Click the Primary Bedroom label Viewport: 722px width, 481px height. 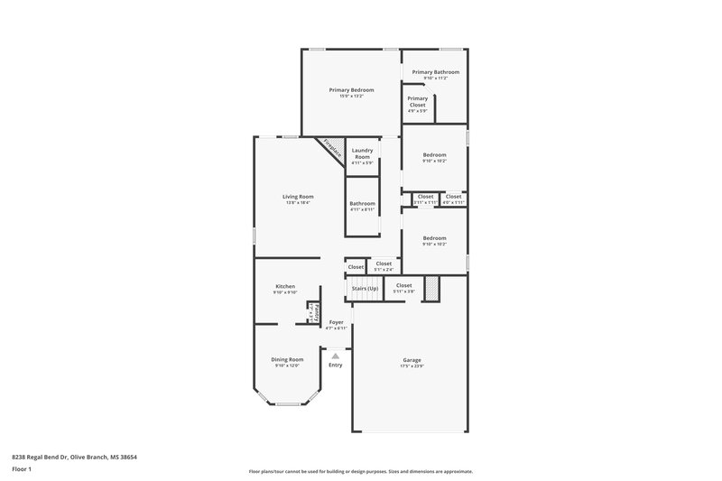click(351, 90)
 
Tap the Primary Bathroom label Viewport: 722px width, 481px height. click(435, 72)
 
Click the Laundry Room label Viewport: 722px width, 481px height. click(362, 153)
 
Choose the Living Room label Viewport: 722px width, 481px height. click(298, 197)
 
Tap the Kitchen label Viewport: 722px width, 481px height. click(285, 286)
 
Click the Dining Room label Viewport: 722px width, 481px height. click(287, 359)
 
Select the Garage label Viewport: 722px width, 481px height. click(412, 360)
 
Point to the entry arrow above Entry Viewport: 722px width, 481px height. click(335, 356)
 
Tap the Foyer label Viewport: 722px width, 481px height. click(336, 322)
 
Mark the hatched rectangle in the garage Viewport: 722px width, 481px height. click(431, 288)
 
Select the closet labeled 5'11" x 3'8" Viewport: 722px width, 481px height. click(403, 288)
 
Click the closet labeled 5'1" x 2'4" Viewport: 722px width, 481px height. click(384, 266)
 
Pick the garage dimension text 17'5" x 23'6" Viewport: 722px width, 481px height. click(412, 366)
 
